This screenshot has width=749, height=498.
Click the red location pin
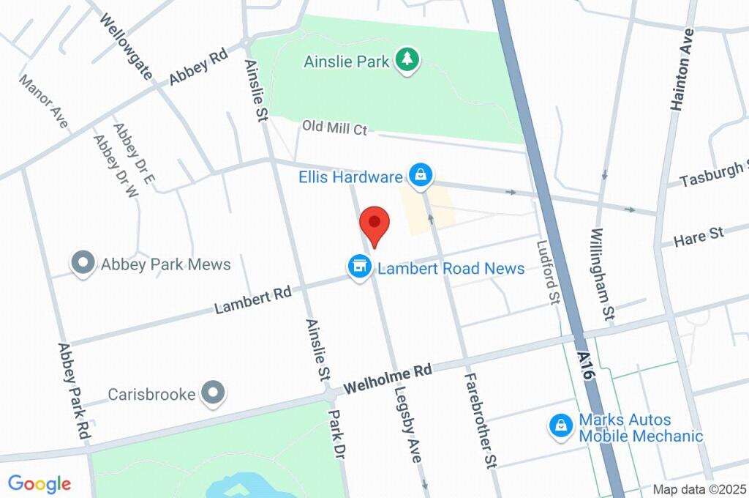[x=374, y=223]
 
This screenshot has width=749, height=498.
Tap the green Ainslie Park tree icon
[x=407, y=60]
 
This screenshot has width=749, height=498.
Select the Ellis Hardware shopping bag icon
[x=421, y=176]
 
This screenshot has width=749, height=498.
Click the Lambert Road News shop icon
[x=359, y=267]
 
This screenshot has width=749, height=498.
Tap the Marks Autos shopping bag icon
[x=560, y=425]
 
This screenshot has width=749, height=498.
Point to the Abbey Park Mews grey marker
[x=83, y=264]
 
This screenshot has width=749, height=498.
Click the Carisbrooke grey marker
[x=213, y=394]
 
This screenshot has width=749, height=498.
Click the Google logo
[x=39, y=483]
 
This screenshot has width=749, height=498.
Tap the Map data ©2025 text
[x=699, y=489]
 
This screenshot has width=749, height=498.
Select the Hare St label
[x=698, y=237]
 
